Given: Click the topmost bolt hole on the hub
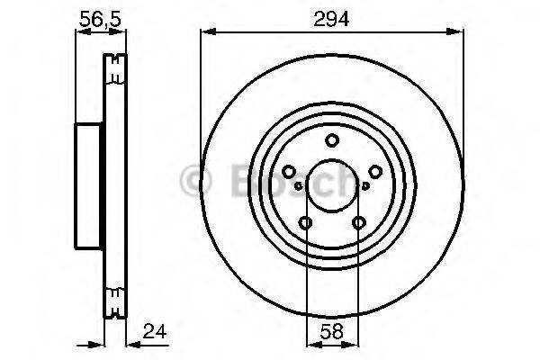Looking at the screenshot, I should point(332,140).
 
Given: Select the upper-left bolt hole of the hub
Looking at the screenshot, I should point(289,172).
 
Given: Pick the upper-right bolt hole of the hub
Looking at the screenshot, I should point(375,172).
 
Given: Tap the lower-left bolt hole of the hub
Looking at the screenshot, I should point(306,223).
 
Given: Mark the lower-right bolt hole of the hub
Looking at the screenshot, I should point(359,223).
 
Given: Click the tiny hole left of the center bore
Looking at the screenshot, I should point(297,186).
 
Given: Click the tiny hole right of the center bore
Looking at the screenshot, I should point(366,186).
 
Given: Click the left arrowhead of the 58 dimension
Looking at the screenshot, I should point(310,343).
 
